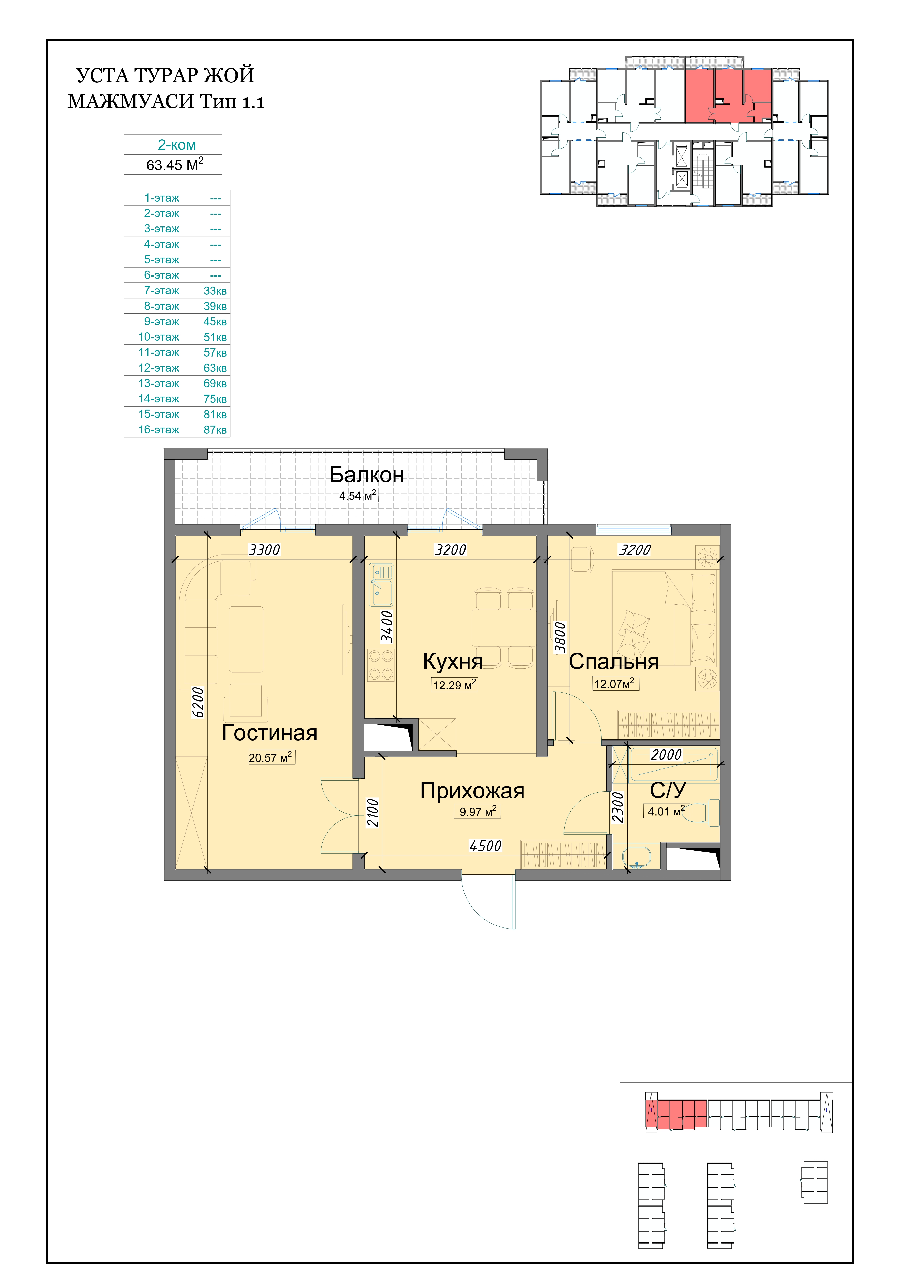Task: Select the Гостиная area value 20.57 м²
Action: click(x=271, y=757)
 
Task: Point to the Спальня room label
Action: click(x=614, y=662)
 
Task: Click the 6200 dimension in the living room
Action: click(x=198, y=703)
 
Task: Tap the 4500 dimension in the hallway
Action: click(x=485, y=846)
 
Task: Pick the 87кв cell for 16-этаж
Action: click(x=215, y=430)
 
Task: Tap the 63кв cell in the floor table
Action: click(x=215, y=368)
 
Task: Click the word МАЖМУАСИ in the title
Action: click(x=131, y=102)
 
